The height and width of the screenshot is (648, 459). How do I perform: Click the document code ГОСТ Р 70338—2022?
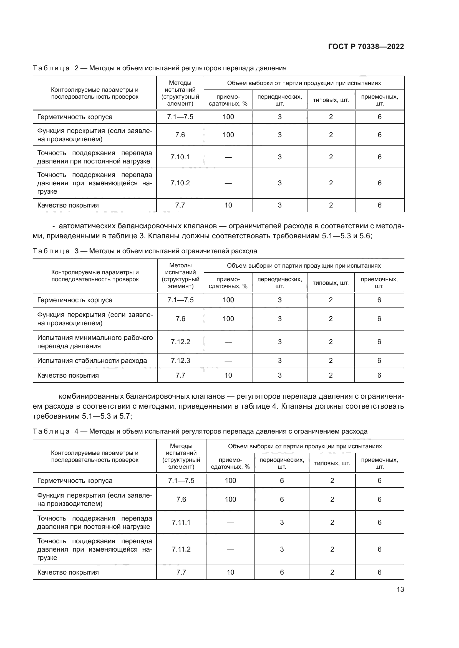click(366, 47)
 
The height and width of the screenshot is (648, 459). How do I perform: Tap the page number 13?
click(400, 589)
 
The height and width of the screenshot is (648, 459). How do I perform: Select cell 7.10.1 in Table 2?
click(180, 157)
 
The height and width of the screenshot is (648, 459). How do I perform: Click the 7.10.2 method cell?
click(180, 183)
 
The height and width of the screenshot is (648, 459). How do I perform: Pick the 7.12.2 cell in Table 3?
click(180, 342)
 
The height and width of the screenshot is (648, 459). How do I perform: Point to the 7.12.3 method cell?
click(180, 360)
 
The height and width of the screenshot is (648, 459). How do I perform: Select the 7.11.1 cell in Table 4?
click(181, 523)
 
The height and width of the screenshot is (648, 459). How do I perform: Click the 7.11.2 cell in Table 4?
click(181, 549)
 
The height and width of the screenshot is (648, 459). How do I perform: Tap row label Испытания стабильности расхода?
click(92, 361)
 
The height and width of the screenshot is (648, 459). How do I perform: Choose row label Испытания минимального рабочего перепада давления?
click(95, 342)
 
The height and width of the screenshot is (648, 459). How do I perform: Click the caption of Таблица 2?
click(159, 68)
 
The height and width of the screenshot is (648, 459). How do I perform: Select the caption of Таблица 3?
click(145, 251)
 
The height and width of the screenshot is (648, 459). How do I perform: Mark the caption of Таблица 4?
click(200, 431)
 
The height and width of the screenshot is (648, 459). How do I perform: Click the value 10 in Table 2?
click(228, 205)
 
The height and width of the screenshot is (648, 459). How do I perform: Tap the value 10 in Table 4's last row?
click(230, 572)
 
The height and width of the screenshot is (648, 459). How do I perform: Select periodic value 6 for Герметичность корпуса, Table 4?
click(282, 481)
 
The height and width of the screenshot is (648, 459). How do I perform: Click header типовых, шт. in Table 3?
click(331, 283)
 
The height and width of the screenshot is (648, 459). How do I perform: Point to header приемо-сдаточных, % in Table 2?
click(228, 100)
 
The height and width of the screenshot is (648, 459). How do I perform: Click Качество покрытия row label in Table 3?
click(68, 375)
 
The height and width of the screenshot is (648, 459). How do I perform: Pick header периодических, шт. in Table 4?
click(282, 463)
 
